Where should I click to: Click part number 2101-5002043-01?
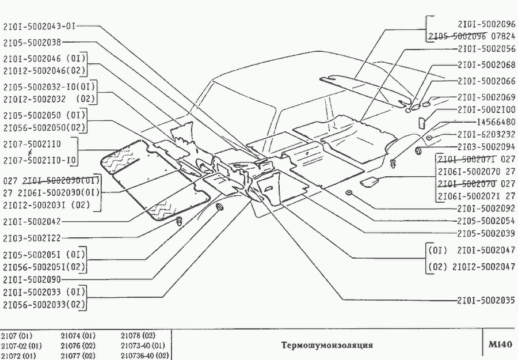point(39,26)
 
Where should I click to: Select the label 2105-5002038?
point(32,42)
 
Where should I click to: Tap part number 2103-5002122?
point(32,237)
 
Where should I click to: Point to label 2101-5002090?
point(32,279)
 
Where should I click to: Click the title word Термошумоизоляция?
point(327,346)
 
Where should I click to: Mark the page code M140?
point(499,345)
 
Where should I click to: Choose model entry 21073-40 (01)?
point(143,346)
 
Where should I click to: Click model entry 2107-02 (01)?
point(21,346)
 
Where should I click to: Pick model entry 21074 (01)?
point(78,335)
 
